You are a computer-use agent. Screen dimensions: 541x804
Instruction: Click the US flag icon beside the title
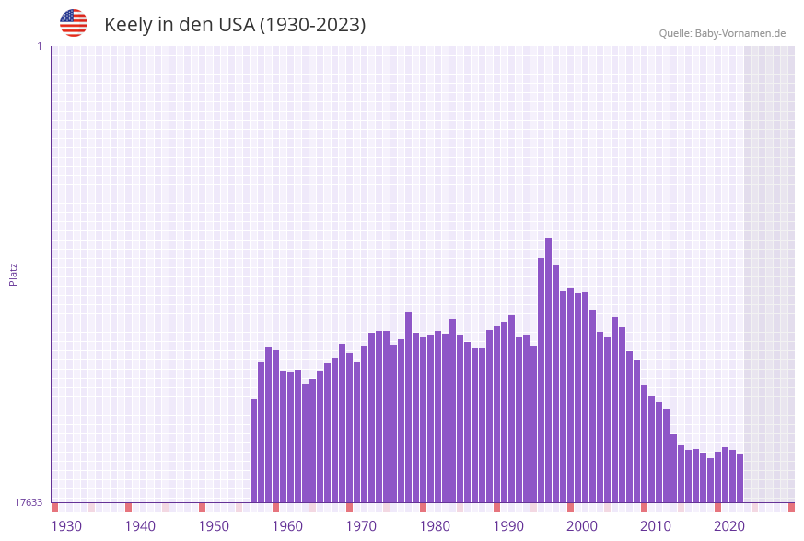pyautogui.click(x=74, y=23)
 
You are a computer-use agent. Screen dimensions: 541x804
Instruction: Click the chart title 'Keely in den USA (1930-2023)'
pyautogui.click(x=235, y=25)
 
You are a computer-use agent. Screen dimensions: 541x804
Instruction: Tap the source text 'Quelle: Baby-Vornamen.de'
pyautogui.click(x=722, y=33)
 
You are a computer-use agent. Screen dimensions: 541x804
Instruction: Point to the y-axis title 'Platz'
pyautogui.click(x=14, y=274)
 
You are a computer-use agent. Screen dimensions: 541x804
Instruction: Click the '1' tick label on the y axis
pyautogui.click(x=39, y=46)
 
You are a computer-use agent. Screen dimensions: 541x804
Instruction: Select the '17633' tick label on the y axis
pyautogui.click(x=29, y=502)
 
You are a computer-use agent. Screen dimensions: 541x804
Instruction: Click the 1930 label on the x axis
pyautogui.click(x=66, y=526)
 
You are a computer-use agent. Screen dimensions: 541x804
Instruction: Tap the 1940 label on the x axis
pyautogui.click(x=140, y=526)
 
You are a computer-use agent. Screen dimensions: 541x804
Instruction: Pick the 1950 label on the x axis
pyautogui.click(x=214, y=526)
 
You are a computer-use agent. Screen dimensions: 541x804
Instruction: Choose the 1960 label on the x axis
pyautogui.click(x=287, y=526)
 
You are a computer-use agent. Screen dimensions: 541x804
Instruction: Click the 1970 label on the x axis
pyautogui.click(x=361, y=526)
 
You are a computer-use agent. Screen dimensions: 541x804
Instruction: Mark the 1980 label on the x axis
pyautogui.click(x=435, y=526)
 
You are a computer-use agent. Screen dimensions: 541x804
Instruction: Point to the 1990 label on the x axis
pyautogui.click(x=508, y=526)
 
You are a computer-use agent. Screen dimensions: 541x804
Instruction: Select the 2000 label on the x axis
pyautogui.click(x=582, y=526)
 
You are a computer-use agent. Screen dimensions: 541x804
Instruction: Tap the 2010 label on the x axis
pyautogui.click(x=656, y=526)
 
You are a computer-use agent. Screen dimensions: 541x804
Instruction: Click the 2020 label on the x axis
pyautogui.click(x=729, y=526)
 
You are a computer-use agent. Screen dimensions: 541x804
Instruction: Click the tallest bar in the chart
pyautogui.click(x=548, y=369)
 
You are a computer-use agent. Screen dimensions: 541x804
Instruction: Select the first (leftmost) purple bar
pyautogui.click(x=254, y=451)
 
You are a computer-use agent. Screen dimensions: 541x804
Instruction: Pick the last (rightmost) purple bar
pyautogui.click(x=740, y=478)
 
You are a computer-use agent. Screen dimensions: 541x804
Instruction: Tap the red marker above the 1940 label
pyautogui.click(x=128, y=507)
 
